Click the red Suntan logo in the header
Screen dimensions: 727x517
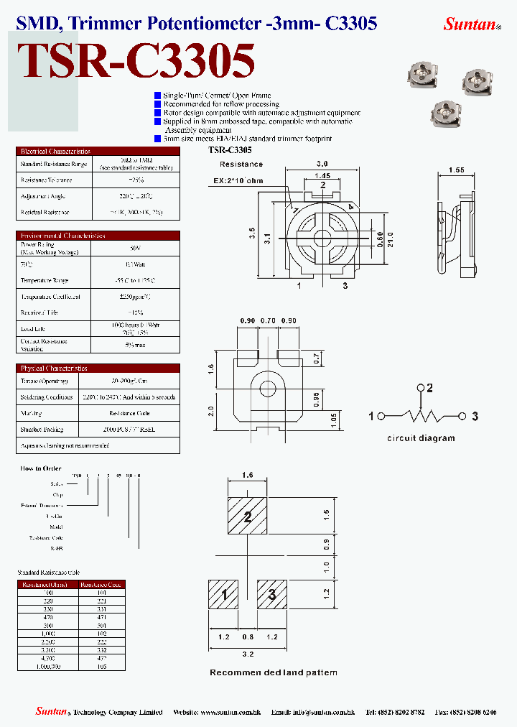click(x=470, y=24)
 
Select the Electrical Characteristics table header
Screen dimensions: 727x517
click(x=56, y=152)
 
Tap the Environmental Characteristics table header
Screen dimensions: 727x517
click(x=63, y=236)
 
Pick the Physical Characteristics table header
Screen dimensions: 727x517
click(x=55, y=368)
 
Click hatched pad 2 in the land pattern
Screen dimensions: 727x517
click(x=248, y=517)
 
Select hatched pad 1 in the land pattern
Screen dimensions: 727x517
click(x=224, y=595)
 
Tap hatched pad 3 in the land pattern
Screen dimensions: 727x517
click(x=272, y=595)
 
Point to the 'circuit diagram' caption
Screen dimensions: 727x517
click(x=421, y=438)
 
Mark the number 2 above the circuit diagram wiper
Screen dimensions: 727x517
click(x=429, y=389)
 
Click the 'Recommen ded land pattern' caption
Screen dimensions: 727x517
click(x=273, y=672)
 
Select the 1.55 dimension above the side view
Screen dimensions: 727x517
click(x=457, y=170)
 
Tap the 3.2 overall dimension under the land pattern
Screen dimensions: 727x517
click(x=248, y=654)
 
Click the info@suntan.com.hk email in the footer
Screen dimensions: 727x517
click(x=322, y=712)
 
